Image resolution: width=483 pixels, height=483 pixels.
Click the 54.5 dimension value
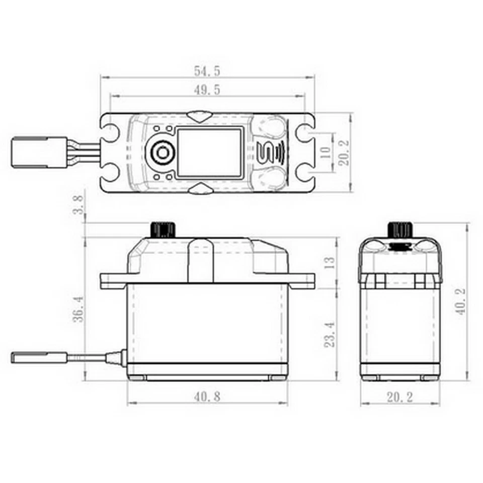pyautogui.click(x=207, y=70)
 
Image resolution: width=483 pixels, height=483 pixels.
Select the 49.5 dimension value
pyautogui.click(x=207, y=90)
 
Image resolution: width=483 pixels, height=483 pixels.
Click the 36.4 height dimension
pyautogui.click(x=77, y=309)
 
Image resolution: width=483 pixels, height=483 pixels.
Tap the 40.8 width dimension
pyautogui.click(x=207, y=397)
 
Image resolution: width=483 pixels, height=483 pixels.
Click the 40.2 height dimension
pyautogui.click(x=460, y=301)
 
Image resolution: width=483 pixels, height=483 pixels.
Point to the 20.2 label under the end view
pyautogui.click(x=400, y=397)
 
